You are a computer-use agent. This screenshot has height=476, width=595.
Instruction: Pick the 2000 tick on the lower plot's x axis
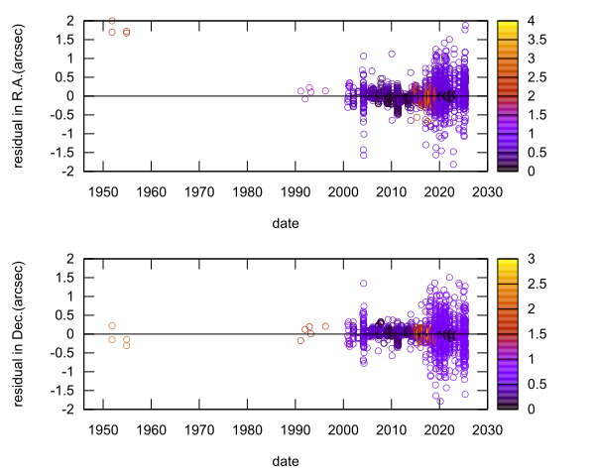[x=342, y=429]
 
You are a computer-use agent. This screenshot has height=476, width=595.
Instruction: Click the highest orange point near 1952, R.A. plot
[x=112, y=21]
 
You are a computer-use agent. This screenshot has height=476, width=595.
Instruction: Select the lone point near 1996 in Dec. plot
[x=325, y=326]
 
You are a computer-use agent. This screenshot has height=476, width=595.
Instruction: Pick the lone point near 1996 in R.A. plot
[x=325, y=91]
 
